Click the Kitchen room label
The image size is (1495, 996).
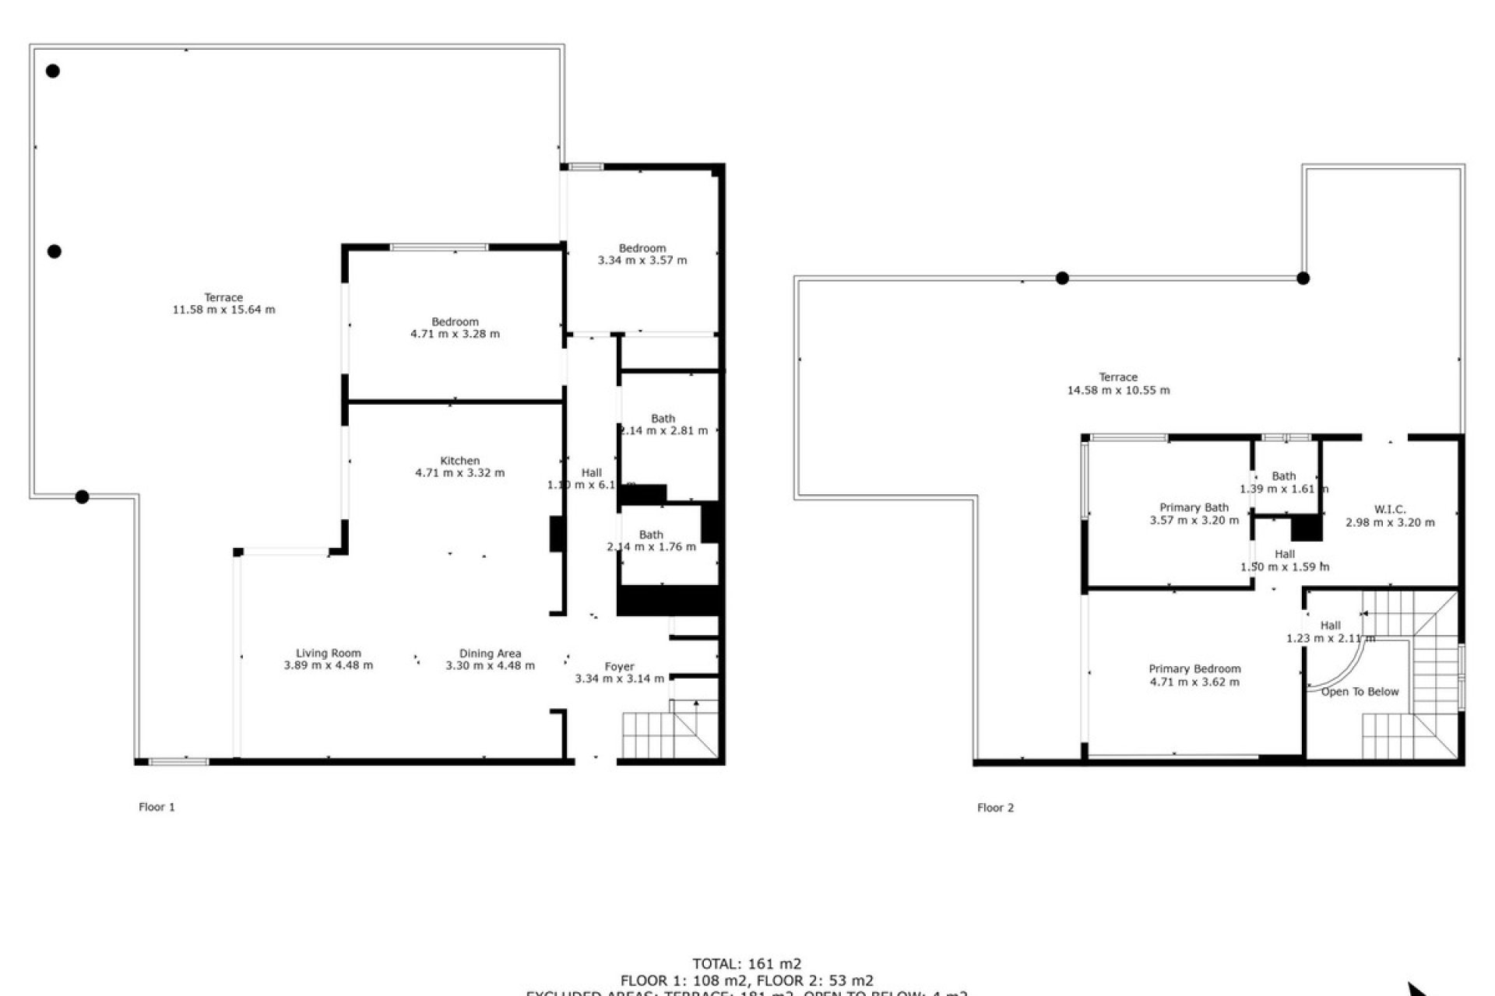[459, 461]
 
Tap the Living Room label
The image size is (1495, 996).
[328, 654]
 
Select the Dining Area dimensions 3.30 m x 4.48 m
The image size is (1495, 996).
[490, 666]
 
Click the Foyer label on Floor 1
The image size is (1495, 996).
[619, 667]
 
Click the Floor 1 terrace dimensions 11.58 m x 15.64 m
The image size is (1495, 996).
[223, 310]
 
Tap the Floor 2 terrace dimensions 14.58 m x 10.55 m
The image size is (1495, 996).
[1117, 391]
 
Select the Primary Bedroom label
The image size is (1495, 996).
[1194, 669]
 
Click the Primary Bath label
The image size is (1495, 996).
[1194, 507]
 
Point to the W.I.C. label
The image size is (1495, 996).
[1390, 510]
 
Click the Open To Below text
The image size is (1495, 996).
[1360, 692]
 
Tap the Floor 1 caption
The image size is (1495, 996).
[157, 807]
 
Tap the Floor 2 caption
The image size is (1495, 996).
[995, 808]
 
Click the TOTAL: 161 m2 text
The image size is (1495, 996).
[747, 964]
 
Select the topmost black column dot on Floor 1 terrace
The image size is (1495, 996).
[53, 71]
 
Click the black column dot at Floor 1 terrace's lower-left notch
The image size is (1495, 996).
[82, 496]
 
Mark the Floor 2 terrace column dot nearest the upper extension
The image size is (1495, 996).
[1303, 278]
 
